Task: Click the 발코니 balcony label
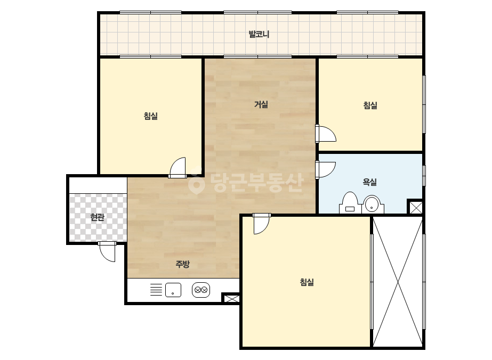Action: coord(259,34)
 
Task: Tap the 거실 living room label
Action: coord(261,104)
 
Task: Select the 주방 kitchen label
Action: coord(182,264)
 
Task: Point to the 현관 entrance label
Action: coord(97,217)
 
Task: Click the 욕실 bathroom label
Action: coord(369,182)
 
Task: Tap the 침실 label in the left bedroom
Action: coord(151,116)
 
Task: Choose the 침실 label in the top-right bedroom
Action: coord(370,105)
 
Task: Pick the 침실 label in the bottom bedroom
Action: coord(307,282)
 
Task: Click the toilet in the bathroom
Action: coord(350,203)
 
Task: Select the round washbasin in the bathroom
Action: coord(373,204)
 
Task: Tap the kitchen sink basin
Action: coord(173,290)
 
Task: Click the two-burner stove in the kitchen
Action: coord(201,290)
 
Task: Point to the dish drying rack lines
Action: coord(156,290)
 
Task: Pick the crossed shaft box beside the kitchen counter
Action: coord(231,298)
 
